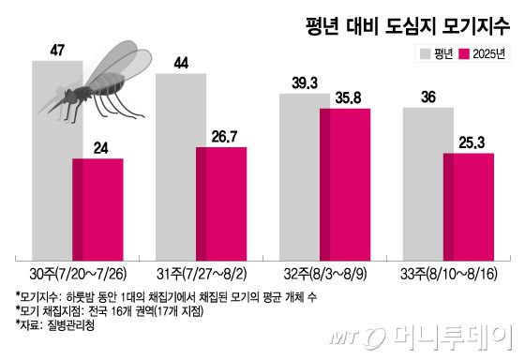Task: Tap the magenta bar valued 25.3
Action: (x=469, y=205)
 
